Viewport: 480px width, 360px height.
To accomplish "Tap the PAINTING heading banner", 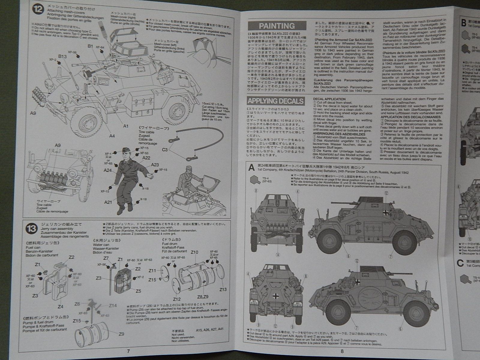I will coord(277,26).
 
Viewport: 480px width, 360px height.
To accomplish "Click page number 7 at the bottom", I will coord(128,351).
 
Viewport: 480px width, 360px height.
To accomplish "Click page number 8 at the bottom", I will coord(341,351).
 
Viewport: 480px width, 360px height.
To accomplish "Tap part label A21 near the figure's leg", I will coord(108,202).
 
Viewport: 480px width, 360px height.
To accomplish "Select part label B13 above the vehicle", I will coord(62,56).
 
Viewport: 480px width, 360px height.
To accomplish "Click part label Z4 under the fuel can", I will coord(61,306).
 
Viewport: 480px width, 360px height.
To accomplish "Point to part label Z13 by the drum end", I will coord(223,289).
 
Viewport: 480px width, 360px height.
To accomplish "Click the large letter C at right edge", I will coord(461,263).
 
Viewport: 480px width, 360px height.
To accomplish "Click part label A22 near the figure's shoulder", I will coord(146,158).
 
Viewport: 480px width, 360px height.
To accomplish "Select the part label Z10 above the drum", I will coord(194,252).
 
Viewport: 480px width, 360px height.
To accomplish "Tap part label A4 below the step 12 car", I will coord(112,136).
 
